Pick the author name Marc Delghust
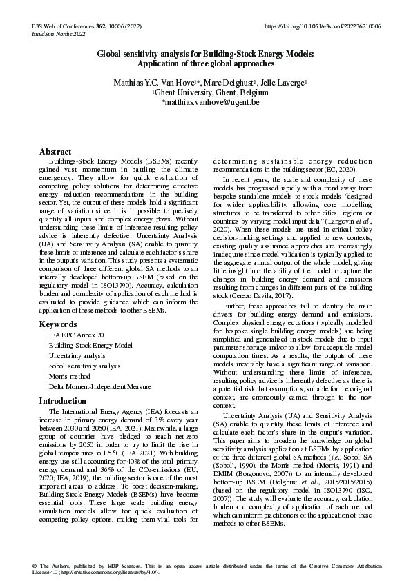pos(229,83)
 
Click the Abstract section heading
pos(55,151)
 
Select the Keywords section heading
pos(58,324)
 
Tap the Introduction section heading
pos(63,400)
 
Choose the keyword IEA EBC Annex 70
pos(76,335)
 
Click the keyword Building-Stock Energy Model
pos(90,345)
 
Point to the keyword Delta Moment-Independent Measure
pos(99,387)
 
